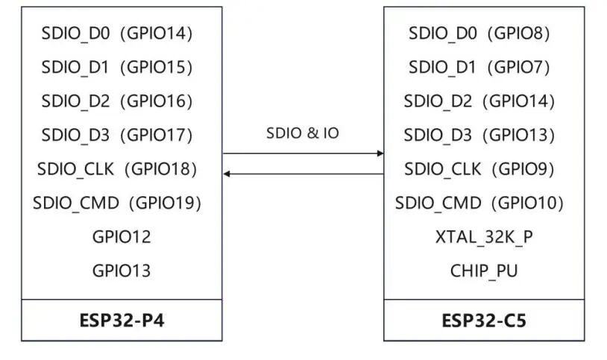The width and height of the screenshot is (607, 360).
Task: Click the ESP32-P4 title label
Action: point(122,320)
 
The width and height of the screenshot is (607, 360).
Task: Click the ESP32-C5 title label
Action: point(484,320)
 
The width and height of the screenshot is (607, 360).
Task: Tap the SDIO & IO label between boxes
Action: point(303,133)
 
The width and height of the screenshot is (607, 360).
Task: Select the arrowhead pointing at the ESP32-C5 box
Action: point(380,154)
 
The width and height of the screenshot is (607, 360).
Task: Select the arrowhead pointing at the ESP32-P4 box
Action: point(227,174)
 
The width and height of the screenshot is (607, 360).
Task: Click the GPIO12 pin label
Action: point(122,237)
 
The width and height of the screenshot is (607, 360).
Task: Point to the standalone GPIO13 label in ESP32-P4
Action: point(122,271)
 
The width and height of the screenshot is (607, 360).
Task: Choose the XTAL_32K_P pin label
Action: point(484,237)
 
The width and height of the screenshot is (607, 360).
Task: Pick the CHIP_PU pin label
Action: point(484,271)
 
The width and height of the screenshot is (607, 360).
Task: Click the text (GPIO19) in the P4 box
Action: point(165,203)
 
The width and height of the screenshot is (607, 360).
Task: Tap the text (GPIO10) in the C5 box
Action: point(527,203)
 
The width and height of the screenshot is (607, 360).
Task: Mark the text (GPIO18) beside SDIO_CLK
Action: point(160,169)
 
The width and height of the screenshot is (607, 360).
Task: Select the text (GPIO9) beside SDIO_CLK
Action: point(523,169)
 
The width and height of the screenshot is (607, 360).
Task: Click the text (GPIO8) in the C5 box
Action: point(519,34)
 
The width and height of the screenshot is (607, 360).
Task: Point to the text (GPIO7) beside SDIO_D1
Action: point(519,67)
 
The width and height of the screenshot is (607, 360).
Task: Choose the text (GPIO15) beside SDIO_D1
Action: point(157,67)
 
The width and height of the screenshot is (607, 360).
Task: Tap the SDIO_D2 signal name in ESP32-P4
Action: point(76,101)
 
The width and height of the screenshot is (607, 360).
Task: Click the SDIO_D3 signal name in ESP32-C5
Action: point(438,136)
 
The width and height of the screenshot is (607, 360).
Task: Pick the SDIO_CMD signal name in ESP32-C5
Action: point(438,203)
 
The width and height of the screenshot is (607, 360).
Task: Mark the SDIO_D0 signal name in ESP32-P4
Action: point(76,34)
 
